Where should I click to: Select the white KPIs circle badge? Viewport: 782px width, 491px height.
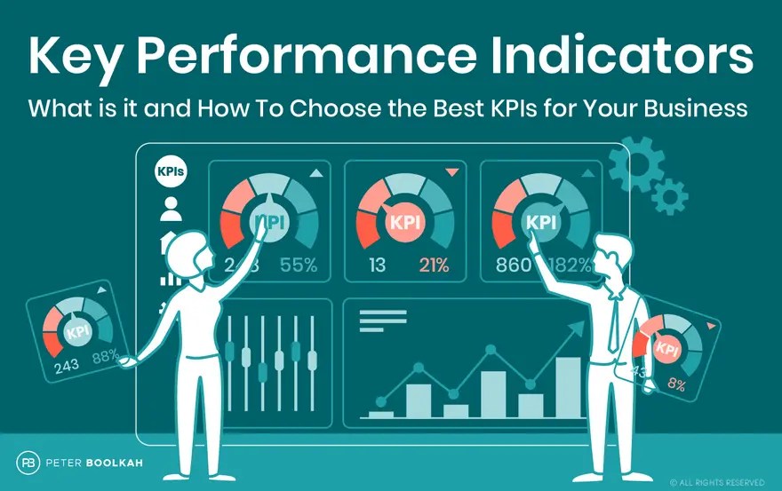(171, 172)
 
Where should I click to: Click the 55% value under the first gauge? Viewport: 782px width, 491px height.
(299, 265)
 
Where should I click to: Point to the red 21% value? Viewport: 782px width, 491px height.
(435, 265)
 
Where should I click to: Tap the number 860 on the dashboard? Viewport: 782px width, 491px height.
(515, 265)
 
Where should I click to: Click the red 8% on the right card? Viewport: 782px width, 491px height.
(676, 385)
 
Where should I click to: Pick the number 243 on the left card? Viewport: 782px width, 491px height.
(66, 366)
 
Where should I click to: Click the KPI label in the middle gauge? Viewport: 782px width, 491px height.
(405, 222)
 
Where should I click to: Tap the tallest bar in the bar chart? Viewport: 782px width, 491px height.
(568, 386)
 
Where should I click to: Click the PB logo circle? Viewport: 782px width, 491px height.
(27, 462)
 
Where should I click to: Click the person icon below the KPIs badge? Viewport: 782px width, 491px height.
(171, 210)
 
